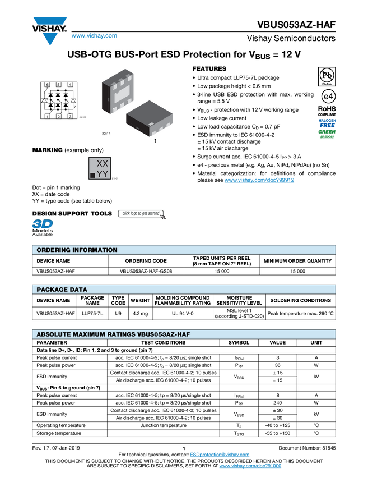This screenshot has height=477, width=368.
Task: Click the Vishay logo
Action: (49, 29)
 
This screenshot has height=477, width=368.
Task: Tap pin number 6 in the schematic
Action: (48, 84)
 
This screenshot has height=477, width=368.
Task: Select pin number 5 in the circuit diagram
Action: (59, 84)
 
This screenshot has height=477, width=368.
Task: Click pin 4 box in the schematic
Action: (70, 84)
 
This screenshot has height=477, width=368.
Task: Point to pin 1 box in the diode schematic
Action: (48, 116)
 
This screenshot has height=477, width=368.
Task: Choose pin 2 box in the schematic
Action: (59, 116)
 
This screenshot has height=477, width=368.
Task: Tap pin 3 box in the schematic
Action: (70, 116)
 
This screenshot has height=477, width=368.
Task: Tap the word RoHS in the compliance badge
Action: (327, 109)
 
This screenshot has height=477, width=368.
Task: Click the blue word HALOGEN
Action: (327, 121)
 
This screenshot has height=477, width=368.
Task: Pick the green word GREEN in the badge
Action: (327, 132)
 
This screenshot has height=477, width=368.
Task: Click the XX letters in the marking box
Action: (103, 163)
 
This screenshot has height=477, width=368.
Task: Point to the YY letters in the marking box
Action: (103, 174)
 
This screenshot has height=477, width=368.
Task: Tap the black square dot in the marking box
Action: (92, 176)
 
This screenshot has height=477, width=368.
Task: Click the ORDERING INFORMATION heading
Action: (77, 250)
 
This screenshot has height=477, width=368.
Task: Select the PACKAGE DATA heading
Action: (62, 290)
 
